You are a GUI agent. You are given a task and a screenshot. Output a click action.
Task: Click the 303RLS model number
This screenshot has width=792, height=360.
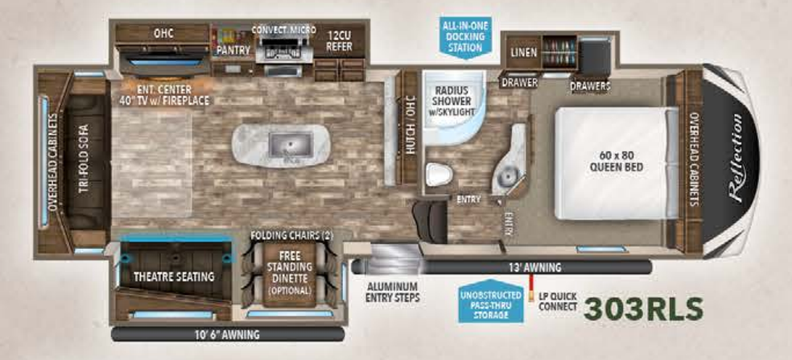pos(644,309)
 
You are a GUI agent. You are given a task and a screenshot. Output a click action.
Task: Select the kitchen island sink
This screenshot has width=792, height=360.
pos(281,144)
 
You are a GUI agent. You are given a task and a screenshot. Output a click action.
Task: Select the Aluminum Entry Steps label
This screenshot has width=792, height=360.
pos(392,292)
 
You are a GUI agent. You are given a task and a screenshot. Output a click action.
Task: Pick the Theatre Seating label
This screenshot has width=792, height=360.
pos(174,277)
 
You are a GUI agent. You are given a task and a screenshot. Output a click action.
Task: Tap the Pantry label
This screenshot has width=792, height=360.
pos(234,50)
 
